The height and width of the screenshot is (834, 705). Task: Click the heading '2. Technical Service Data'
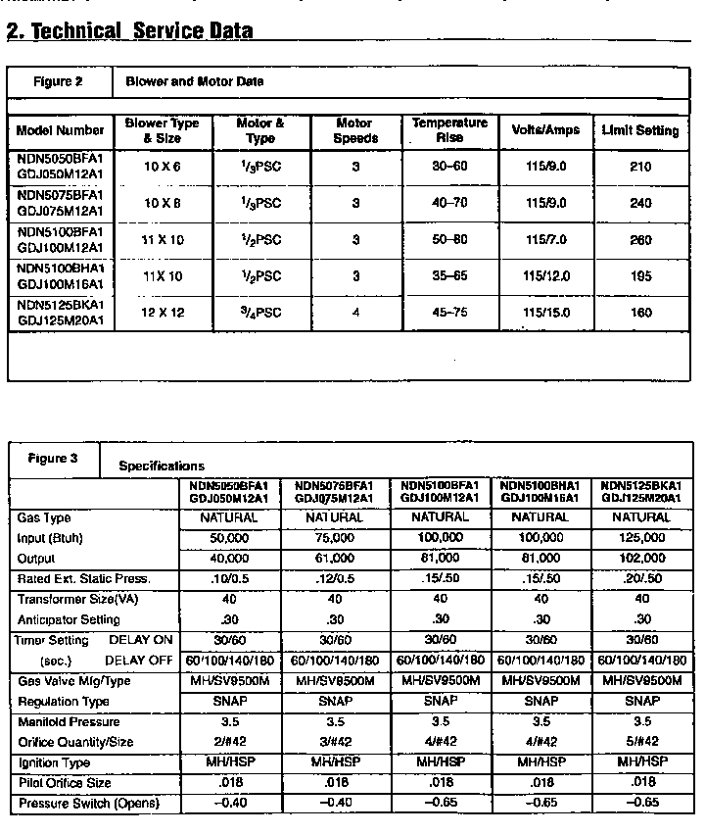coord(129,30)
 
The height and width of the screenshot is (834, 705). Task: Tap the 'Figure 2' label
coord(59,81)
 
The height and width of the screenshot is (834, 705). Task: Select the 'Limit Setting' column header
coord(639,130)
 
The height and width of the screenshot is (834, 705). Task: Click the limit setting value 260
coord(640,239)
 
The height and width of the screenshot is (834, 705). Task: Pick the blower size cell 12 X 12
coord(163,313)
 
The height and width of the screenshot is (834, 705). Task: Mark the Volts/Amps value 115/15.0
coord(545,313)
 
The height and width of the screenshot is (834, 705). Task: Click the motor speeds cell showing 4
coord(354,313)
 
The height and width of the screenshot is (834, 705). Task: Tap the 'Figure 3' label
coord(53,458)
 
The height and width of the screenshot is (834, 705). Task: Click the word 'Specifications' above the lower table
coord(162,466)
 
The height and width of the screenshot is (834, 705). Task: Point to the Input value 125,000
coord(641,538)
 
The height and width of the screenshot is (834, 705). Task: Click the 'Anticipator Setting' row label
coord(69,619)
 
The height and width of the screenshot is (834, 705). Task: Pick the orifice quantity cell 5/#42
coord(641,742)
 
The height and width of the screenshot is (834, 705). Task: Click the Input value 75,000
coord(334,538)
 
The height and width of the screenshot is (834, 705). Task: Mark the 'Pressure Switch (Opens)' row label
coord(87,804)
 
